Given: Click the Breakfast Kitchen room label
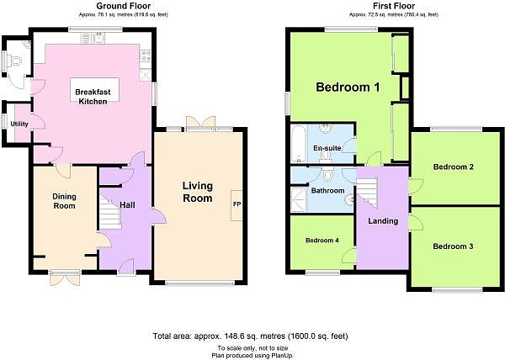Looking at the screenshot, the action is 93,97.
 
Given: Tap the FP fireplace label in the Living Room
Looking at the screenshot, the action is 237,204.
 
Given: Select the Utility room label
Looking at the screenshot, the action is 19,124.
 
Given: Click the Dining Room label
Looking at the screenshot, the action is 64,201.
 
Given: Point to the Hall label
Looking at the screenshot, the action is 127,205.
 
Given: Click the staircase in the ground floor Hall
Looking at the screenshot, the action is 110,213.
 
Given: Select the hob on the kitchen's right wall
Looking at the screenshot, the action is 146,56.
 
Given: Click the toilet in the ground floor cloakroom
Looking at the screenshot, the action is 15,61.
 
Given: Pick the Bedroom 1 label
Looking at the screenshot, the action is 348,87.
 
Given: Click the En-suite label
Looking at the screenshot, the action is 327,148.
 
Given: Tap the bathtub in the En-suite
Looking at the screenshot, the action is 298,144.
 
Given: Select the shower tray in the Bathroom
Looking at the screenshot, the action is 299,200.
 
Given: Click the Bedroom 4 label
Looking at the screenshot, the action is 322,241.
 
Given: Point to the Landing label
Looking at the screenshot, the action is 383,221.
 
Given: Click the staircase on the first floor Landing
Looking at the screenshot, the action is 366,193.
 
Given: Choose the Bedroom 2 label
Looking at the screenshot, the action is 454,167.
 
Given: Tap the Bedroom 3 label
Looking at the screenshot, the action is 453,246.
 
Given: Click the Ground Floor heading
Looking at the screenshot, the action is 124,6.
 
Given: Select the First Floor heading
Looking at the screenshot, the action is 394,6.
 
